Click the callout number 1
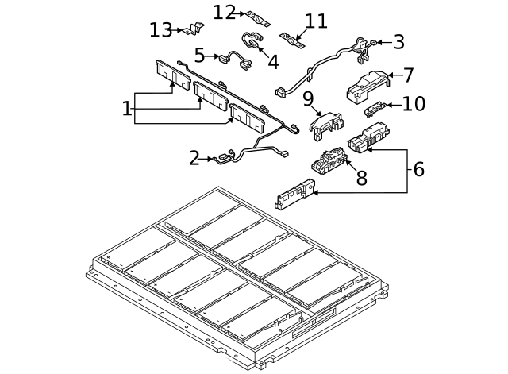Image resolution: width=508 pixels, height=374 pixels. pos(126,109)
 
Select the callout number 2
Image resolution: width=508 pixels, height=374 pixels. pos(194,158)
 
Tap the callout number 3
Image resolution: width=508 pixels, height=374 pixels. pos(398,42)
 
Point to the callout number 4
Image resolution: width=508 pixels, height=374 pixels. pos(272,60)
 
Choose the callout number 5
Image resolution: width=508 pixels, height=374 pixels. pos(200,55)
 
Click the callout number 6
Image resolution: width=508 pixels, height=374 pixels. pos(418,168)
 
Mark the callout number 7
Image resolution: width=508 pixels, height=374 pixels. pos(408,75)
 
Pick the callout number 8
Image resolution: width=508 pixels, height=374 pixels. pos(361,178)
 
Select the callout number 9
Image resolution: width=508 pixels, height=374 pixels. pos(309,99)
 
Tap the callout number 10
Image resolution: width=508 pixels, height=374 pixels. pos(414,104)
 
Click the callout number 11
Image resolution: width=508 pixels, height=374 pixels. pos(316,21)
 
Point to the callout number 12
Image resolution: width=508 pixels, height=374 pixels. pos(225,12)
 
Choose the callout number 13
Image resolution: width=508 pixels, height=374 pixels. pos(161,30)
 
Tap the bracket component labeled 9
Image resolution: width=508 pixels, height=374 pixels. pos(326,123)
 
